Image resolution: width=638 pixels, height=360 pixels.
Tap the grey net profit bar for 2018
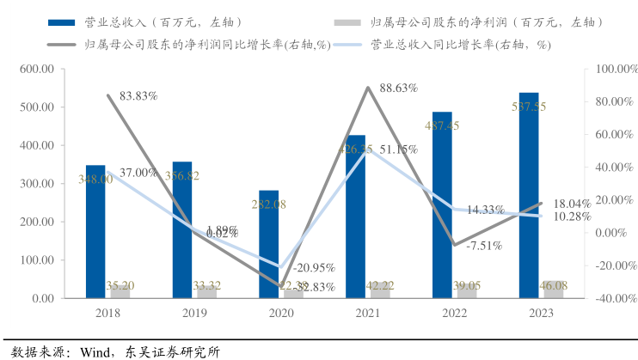pyautogui.click(x=120, y=291)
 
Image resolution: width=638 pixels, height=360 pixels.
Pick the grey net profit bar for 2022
pyautogui.click(x=467, y=290)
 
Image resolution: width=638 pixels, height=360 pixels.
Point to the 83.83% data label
pyautogui.click(x=138, y=96)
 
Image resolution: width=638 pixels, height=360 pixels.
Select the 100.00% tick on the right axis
pyautogui.click(x=612, y=70)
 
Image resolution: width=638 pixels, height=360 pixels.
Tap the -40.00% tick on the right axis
pyautogui.click(x=612, y=298)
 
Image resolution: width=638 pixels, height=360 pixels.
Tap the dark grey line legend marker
pyautogui.click(x=64, y=44)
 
